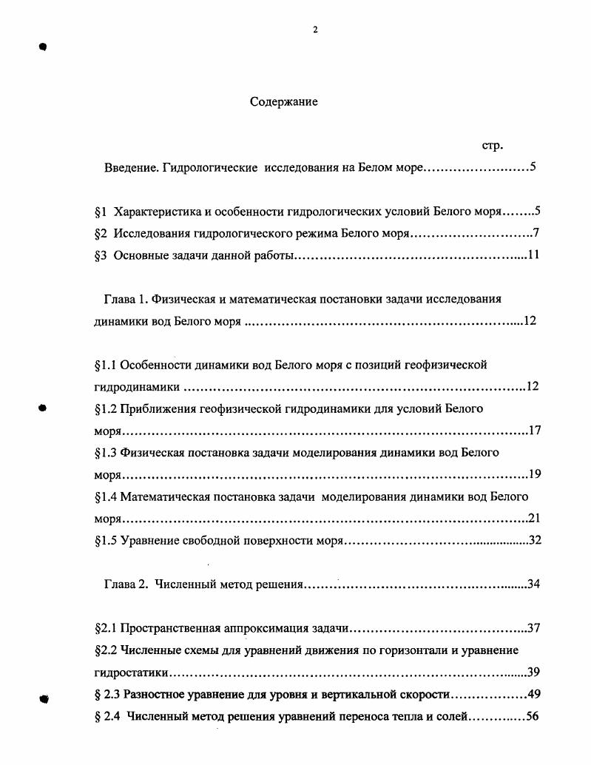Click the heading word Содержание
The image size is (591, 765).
click(x=283, y=102)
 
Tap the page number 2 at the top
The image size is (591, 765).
click(x=315, y=30)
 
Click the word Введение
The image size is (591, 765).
click(x=129, y=168)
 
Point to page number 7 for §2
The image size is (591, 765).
click(x=536, y=234)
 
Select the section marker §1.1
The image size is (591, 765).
click(x=106, y=365)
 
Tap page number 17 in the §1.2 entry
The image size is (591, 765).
click(x=534, y=431)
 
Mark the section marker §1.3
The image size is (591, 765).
click(x=106, y=452)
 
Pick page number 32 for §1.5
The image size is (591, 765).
click(x=535, y=540)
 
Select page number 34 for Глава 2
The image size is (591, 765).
click(x=533, y=584)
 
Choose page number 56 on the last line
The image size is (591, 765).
click(x=530, y=716)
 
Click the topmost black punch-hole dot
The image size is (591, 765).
click(x=43, y=47)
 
